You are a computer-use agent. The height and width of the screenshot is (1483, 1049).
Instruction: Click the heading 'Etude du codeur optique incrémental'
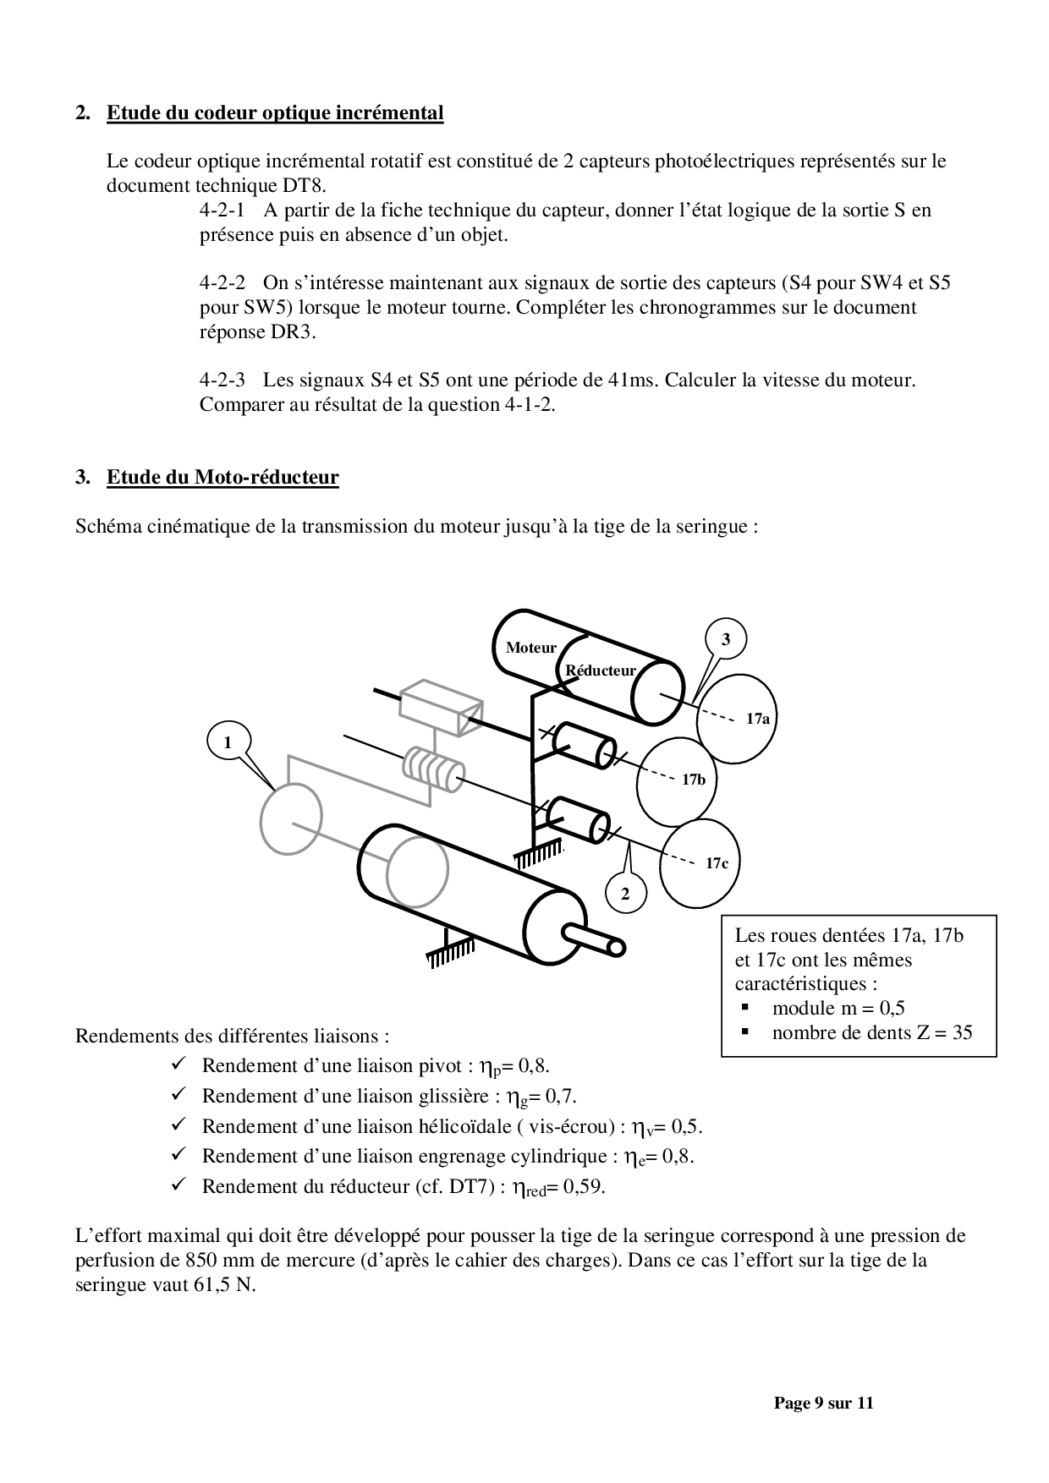click(x=275, y=113)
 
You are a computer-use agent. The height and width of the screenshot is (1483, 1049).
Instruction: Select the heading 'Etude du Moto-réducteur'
click(x=222, y=478)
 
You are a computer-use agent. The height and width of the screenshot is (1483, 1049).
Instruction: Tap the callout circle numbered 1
click(x=228, y=742)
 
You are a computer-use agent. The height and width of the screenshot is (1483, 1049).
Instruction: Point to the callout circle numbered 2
click(x=625, y=894)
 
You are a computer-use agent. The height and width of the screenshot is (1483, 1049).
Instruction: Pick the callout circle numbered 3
click(x=726, y=639)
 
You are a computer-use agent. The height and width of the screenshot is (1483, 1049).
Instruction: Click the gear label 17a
click(x=758, y=719)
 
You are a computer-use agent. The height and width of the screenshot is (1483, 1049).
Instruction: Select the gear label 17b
click(x=694, y=780)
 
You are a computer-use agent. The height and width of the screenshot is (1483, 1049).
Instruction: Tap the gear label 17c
click(x=717, y=863)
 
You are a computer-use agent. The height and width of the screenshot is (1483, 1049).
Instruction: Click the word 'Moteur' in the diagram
click(x=531, y=648)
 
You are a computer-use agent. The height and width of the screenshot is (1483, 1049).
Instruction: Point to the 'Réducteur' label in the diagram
click(x=601, y=670)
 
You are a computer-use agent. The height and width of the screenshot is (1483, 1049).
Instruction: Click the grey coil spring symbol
click(x=432, y=769)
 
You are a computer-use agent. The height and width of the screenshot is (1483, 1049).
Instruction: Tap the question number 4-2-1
click(x=222, y=211)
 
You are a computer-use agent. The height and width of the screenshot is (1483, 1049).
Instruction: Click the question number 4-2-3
click(x=222, y=380)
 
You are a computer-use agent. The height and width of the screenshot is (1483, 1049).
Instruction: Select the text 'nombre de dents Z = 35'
click(x=872, y=1032)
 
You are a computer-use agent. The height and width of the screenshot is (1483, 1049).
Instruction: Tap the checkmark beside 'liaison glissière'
click(x=178, y=1095)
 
